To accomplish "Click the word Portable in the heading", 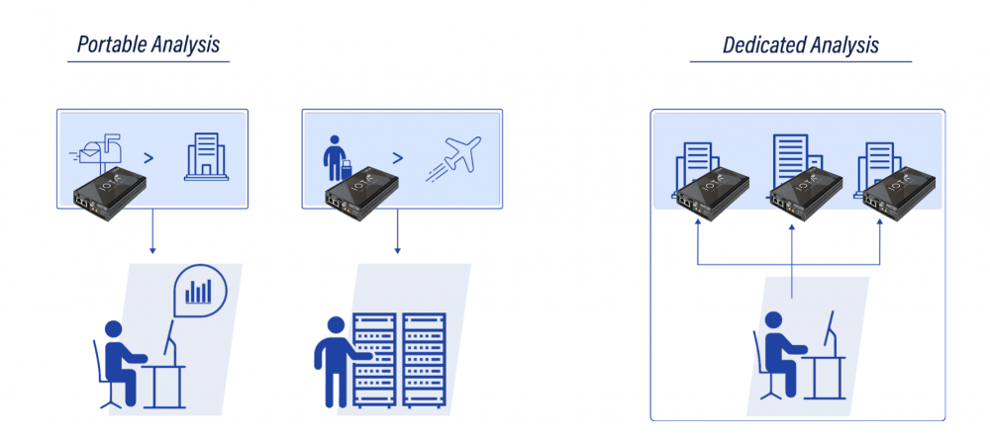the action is click(x=112, y=44).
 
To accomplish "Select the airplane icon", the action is click(x=453, y=159).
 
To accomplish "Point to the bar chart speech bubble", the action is click(x=201, y=291).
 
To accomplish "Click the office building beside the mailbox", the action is click(x=207, y=156).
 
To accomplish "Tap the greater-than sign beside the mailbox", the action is click(x=148, y=157).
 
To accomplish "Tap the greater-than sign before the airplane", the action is click(x=397, y=157).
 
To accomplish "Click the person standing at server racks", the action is click(x=337, y=360).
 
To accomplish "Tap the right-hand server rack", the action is click(x=425, y=360).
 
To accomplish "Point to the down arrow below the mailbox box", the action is click(x=152, y=230).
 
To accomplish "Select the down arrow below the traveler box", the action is click(x=397, y=230).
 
